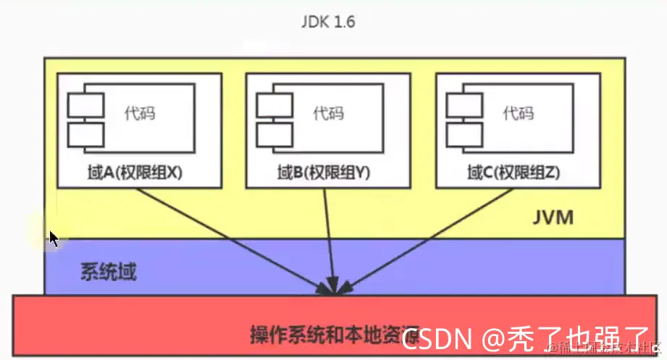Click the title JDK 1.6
(327, 21)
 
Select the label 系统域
(108, 273)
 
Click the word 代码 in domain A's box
(139, 114)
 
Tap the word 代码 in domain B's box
(328, 114)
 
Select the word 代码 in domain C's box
(518, 114)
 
